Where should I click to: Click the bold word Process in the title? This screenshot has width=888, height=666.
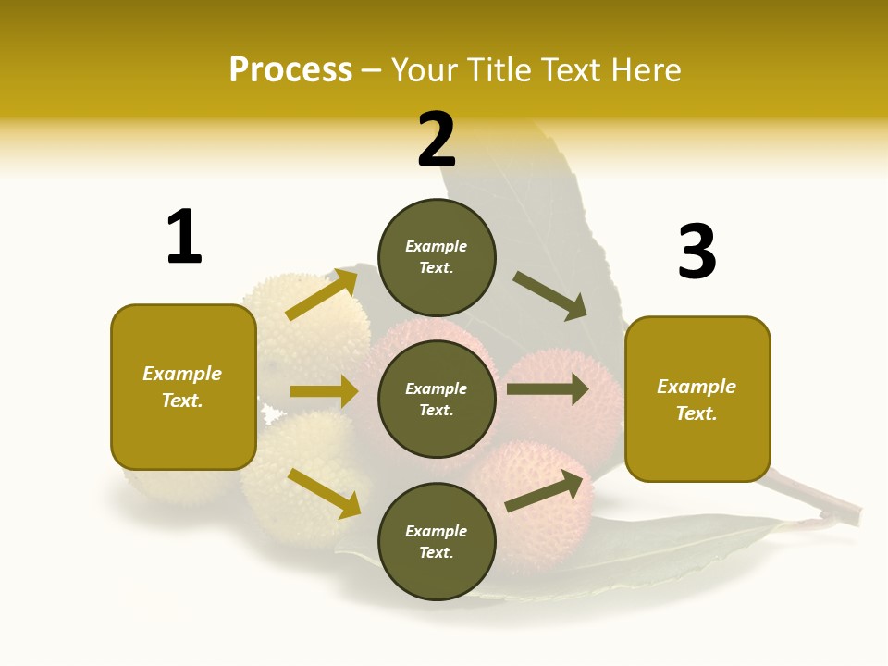pos(290,69)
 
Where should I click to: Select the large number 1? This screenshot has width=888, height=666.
pos(184,237)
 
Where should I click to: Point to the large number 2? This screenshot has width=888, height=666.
pos(437,140)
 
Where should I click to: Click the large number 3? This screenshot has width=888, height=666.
pos(697,252)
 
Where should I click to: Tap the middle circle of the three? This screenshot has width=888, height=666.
pos(437,399)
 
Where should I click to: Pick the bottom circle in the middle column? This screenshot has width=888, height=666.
pos(437,541)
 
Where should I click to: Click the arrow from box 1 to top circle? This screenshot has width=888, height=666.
pos(322,295)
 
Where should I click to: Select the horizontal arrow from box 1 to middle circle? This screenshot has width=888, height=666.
pos(324,391)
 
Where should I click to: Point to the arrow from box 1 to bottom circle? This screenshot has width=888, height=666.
pos(324,492)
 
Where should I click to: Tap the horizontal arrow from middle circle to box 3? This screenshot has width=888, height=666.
pos(548,388)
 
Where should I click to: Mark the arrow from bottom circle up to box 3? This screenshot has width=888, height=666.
pos(548,491)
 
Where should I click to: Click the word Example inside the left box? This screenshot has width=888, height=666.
pos(182,374)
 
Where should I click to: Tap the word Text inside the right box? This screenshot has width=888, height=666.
pos(697,413)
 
